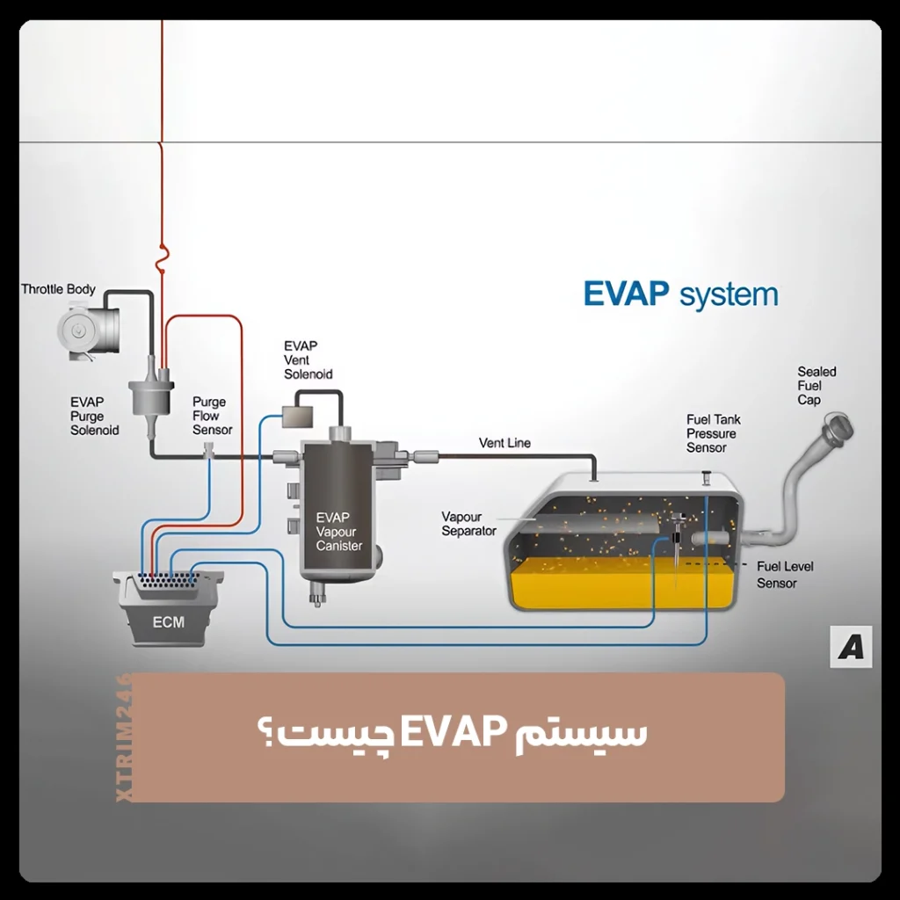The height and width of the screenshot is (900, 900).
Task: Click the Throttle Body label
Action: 58,289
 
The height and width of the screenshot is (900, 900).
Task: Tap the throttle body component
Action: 88,330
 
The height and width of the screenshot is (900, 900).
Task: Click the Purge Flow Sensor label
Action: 212,416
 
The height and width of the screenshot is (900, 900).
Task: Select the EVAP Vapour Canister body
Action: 339,510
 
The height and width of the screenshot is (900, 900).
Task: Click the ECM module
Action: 168,611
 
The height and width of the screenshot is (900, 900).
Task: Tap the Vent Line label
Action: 504,443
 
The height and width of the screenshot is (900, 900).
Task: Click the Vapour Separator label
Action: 468,524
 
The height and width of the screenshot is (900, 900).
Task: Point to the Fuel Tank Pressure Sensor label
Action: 711,434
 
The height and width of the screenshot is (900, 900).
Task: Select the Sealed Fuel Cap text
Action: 816,386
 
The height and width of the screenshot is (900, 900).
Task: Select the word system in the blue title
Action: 729,295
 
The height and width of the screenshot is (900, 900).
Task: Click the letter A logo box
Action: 850,647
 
